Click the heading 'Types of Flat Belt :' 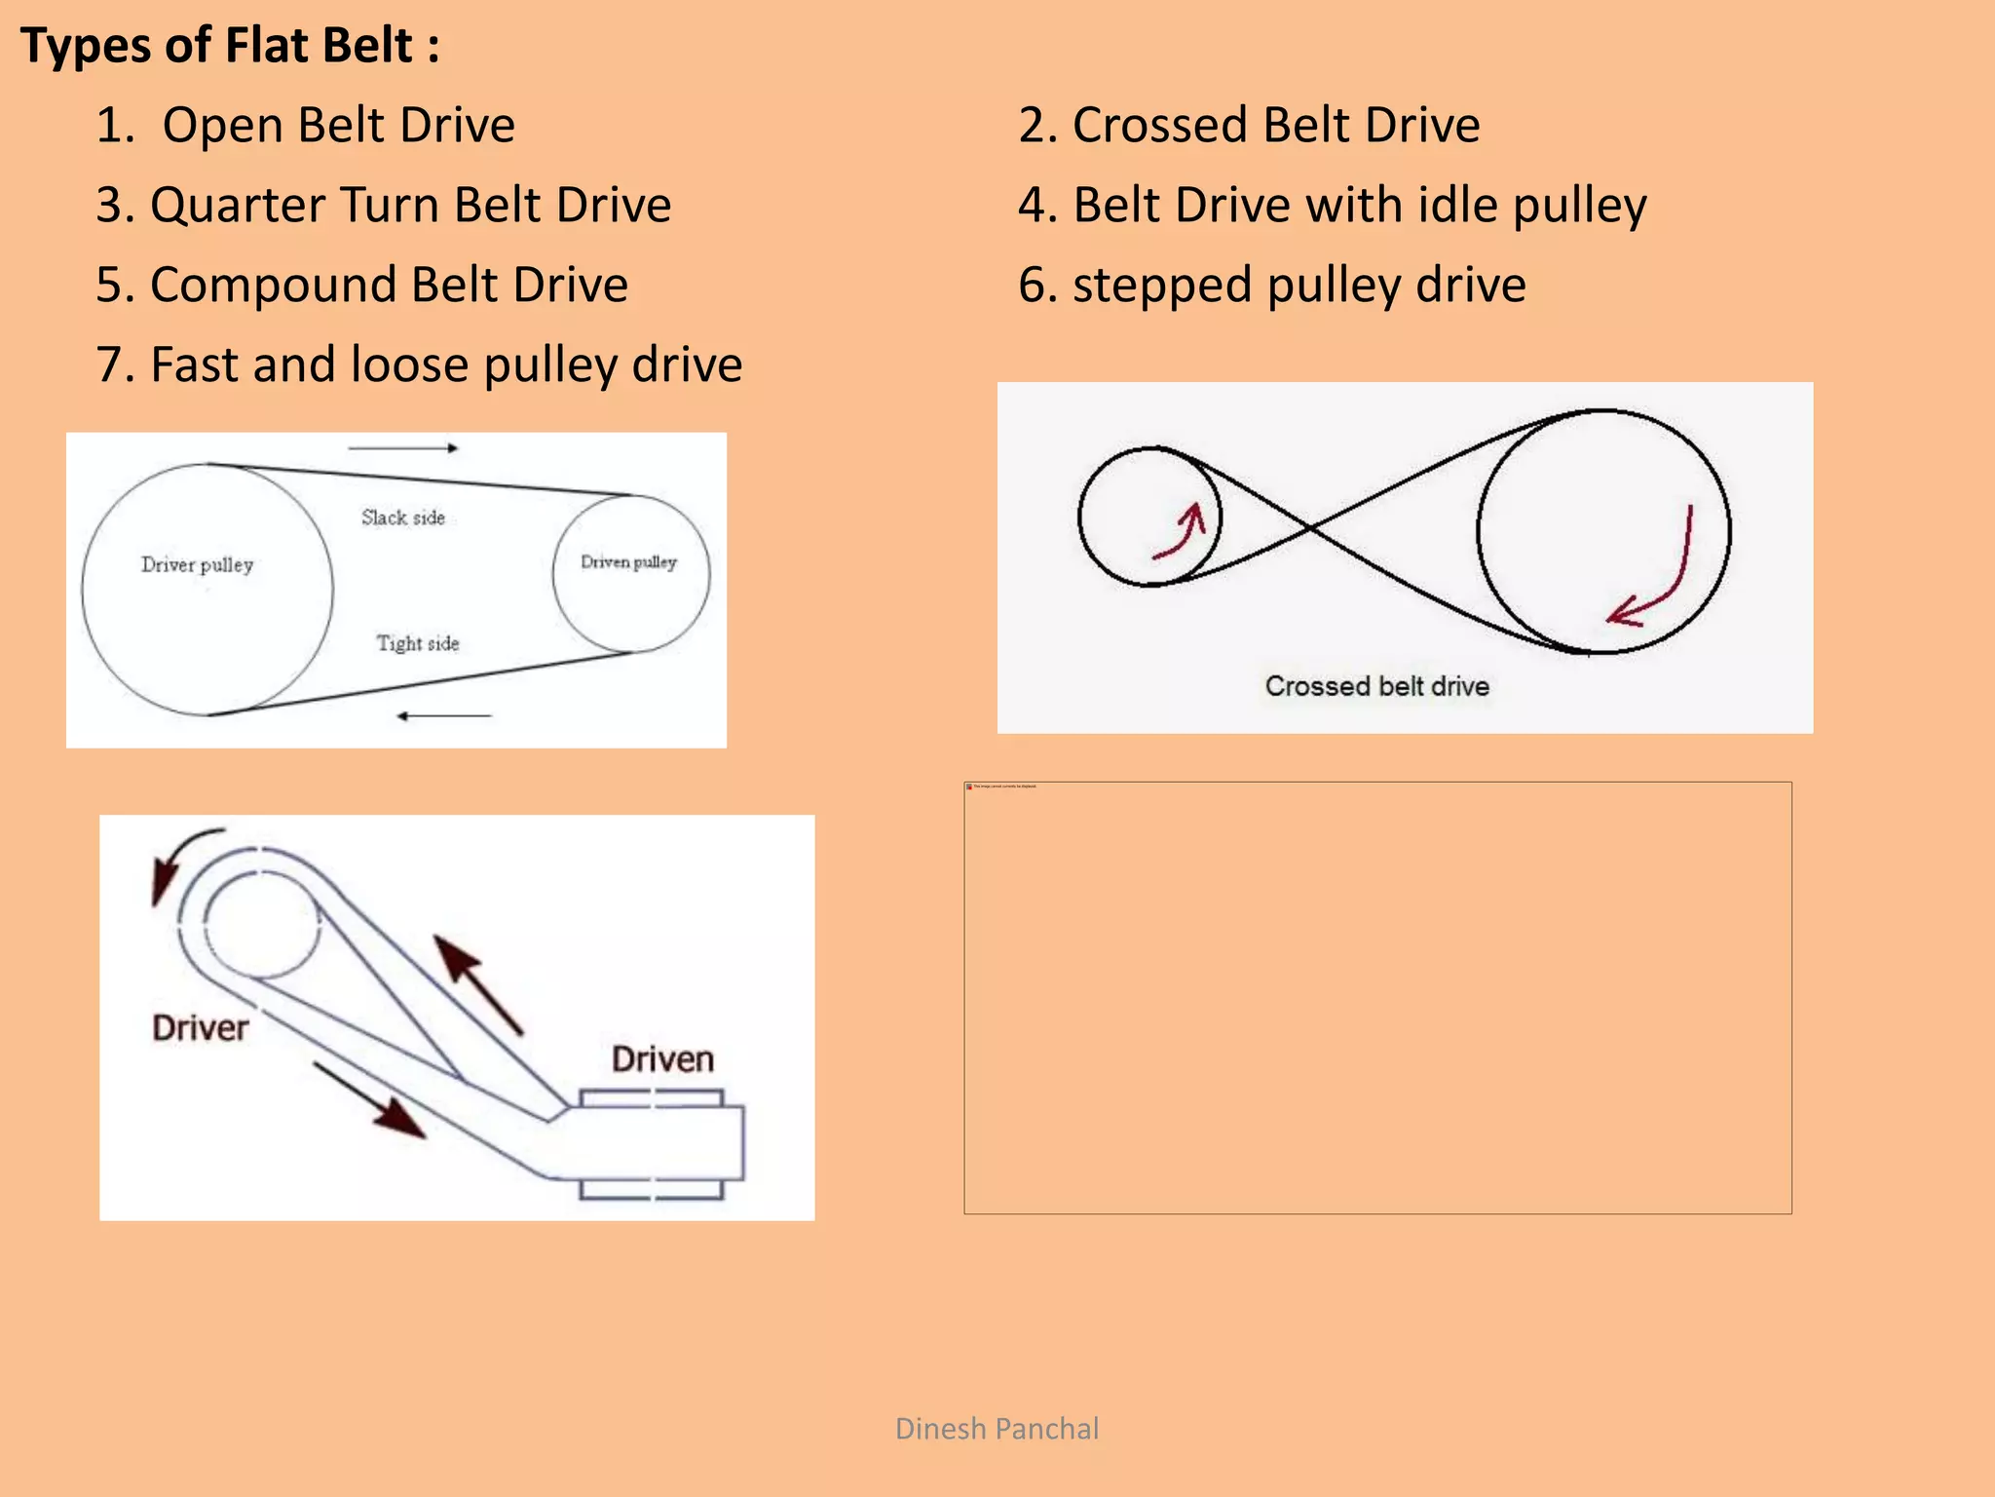tap(230, 46)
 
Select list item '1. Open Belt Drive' tap(305, 125)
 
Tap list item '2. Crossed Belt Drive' tap(1249, 125)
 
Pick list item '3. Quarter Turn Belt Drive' tap(383, 205)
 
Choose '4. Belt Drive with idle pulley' tap(1332, 205)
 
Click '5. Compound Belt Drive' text tap(361, 285)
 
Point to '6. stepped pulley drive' tap(1271, 285)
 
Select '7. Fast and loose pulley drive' tap(419, 365)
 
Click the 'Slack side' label tap(403, 518)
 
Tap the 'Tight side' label tap(418, 643)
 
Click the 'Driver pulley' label tap(197, 564)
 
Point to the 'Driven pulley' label tap(628, 561)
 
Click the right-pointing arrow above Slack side tap(403, 448)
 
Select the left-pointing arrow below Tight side tap(444, 716)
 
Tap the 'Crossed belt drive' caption tap(1376, 686)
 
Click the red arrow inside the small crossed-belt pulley tap(1183, 532)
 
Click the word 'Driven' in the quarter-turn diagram tap(662, 1059)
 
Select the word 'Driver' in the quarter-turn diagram tap(200, 1028)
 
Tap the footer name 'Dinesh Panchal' tap(997, 1429)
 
